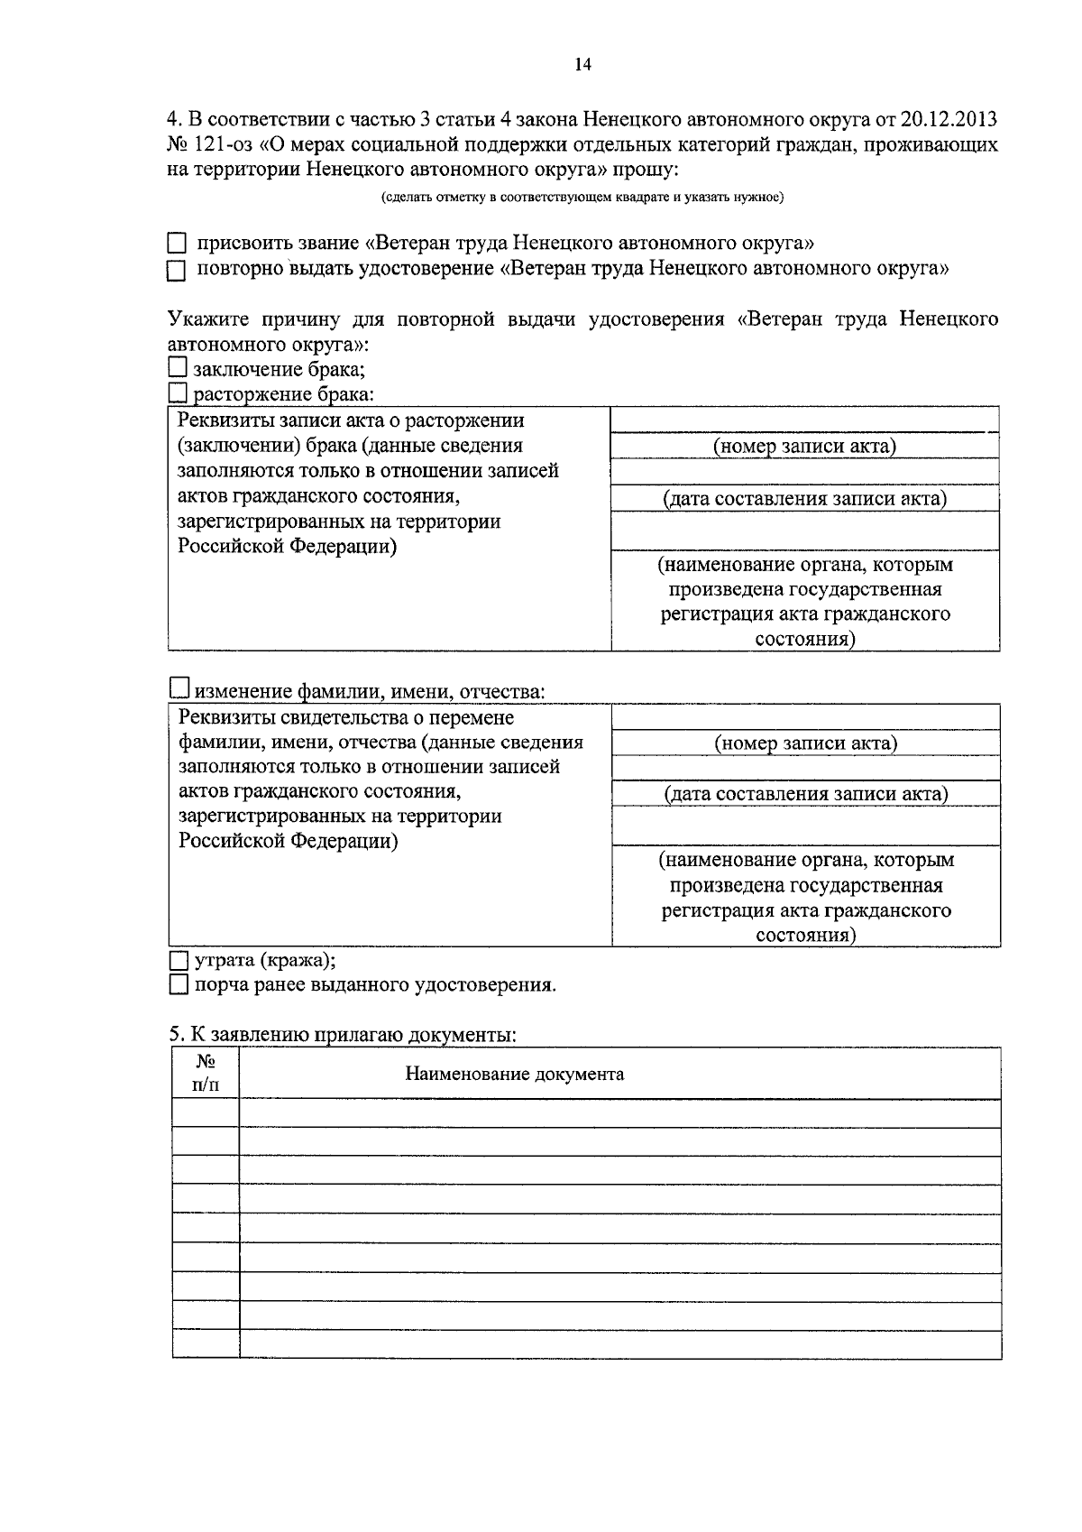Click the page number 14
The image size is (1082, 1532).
click(x=582, y=64)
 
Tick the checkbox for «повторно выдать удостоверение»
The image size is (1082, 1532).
click(x=177, y=270)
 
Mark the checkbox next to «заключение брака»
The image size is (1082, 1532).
click(x=178, y=367)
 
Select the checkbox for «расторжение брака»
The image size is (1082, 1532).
click(x=178, y=392)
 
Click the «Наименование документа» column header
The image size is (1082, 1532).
click(x=514, y=1074)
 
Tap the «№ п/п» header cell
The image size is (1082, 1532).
click(x=206, y=1073)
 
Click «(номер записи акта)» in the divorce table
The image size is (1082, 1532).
click(x=804, y=446)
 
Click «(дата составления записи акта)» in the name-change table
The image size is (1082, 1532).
click(x=805, y=794)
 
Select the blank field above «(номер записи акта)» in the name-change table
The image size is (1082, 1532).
click(x=805, y=717)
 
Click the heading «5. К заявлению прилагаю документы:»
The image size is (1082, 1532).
click(x=343, y=1034)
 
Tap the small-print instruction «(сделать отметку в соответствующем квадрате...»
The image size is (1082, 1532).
click(x=582, y=197)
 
